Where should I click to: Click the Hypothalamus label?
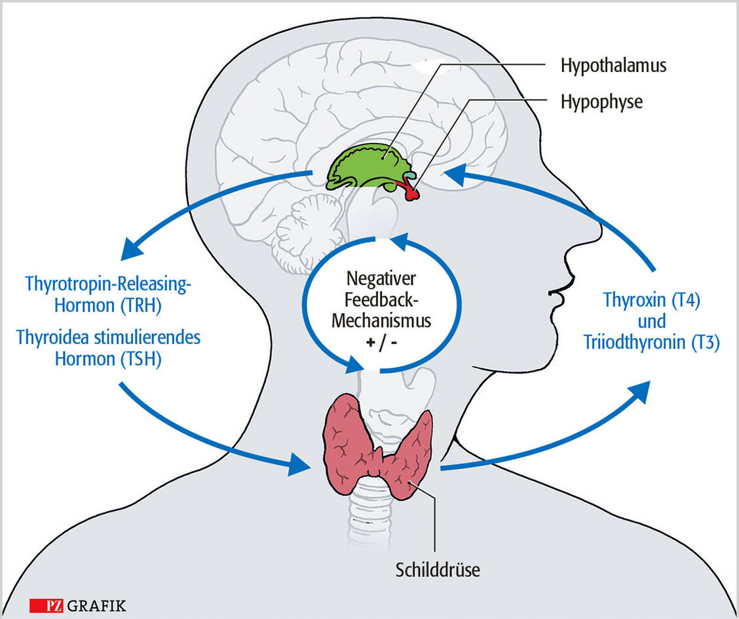coord(613,66)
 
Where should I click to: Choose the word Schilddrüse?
coord(438,569)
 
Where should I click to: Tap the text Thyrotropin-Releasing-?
coord(111,285)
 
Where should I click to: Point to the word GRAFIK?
coord(96,605)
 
